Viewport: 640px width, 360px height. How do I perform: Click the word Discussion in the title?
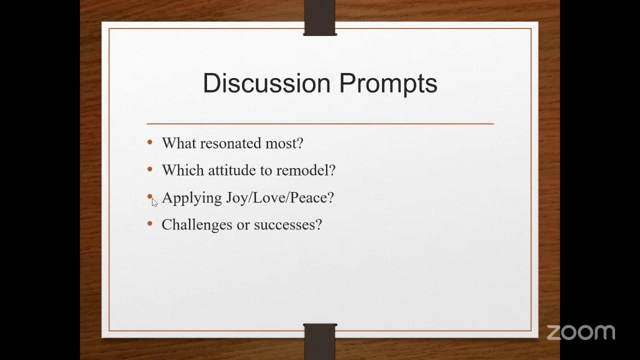point(266,83)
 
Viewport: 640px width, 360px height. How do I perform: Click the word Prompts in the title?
point(388,84)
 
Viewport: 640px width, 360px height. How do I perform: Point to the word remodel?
point(305,170)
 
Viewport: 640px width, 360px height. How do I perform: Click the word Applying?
point(191,198)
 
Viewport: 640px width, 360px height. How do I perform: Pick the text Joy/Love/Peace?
point(279,198)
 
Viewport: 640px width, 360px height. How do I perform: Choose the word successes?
point(287,225)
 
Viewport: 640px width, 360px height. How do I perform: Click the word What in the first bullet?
point(178,143)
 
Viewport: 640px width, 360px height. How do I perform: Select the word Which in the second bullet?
point(183,170)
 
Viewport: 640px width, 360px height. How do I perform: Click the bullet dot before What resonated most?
point(150,143)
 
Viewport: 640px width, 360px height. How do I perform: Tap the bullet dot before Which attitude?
point(150,170)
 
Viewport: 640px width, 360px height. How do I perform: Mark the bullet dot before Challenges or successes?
point(150,224)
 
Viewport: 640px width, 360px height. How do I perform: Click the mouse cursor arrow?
point(154,201)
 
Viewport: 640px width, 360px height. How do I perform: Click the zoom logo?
point(580,332)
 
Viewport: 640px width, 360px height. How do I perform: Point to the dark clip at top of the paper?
point(320,18)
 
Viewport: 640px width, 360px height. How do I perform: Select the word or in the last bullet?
point(243,225)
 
